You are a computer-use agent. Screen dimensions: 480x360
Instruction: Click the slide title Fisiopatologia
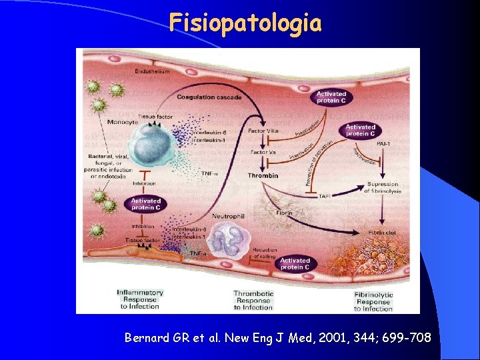(245, 23)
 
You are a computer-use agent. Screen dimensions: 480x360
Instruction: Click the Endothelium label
(152, 71)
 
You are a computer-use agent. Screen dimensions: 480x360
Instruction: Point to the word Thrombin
(263, 176)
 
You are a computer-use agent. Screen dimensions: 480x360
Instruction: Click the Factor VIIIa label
(263, 131)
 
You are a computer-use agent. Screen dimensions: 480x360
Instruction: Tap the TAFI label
(325, 197)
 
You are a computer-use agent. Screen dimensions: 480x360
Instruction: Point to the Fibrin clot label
(383, 233)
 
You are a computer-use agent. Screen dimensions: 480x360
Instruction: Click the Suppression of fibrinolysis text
(383, 188)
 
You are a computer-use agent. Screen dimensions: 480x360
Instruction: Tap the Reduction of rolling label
(265, 253)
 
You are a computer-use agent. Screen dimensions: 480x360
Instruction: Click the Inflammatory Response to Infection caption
(140, 299)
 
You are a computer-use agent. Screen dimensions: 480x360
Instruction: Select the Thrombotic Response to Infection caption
(253, 300)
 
